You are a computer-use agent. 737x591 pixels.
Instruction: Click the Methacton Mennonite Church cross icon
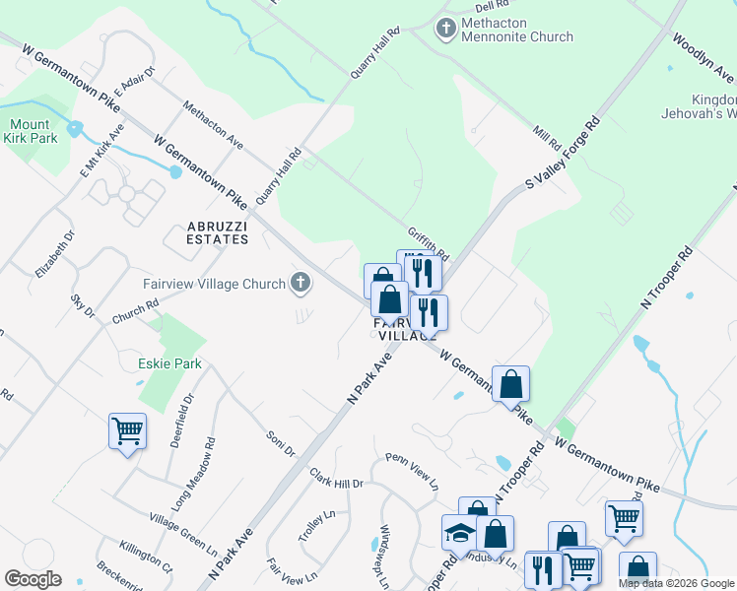tap(446, 30)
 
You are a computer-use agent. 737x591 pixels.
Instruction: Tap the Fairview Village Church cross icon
tap(301, 285)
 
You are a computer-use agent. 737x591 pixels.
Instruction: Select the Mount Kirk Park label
tap(33, 131)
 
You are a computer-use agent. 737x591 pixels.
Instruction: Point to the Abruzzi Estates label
tap(218, 231)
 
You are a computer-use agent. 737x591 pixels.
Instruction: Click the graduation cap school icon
tap(459, 532)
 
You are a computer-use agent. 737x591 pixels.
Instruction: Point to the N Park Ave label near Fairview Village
tap(369, 378)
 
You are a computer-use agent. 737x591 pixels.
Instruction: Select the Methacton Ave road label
tap(213, 127)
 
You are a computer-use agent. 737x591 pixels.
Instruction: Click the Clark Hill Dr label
tap(337, 479)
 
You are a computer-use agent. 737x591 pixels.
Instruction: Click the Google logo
tap(33, 579)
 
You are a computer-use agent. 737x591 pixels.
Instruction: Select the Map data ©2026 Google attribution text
tap(675, 583)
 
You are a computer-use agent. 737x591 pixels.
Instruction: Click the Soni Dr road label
tap(281, 443)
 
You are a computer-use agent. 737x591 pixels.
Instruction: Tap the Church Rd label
tap(135, 311)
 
